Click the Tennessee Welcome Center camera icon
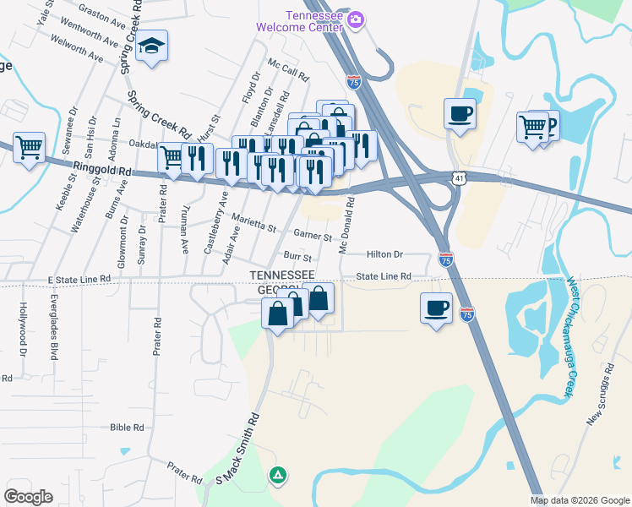pyautogui.click(x=357, y=19)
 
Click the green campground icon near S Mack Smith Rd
pyautogui.click(x=277, y=476)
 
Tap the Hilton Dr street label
pyautogui.click(x=384, y=254)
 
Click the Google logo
pyautogui.click(x=29, y=497)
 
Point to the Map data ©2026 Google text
pyautogui.click(x=580, y=500)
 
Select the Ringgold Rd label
pyautogui.click(x=102, y=172)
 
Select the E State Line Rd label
pyautogui.click(x=80, y=278)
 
